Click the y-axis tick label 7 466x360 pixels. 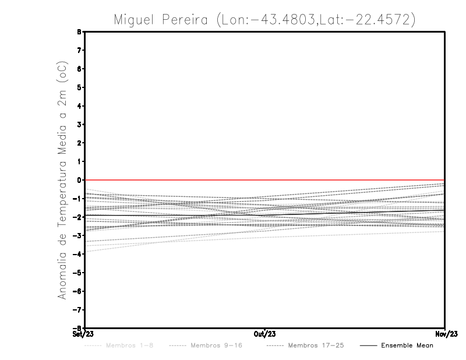(x=79, y=51)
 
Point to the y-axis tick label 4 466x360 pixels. (x=79, y=106)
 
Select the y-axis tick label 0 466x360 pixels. (x=79, y=180)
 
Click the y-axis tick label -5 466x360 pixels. (x=77, y=272)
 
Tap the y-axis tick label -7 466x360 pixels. (x=77, y=309)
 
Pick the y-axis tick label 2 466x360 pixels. (x=79, y=143)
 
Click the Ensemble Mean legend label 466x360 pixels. (x=407, y=345)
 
